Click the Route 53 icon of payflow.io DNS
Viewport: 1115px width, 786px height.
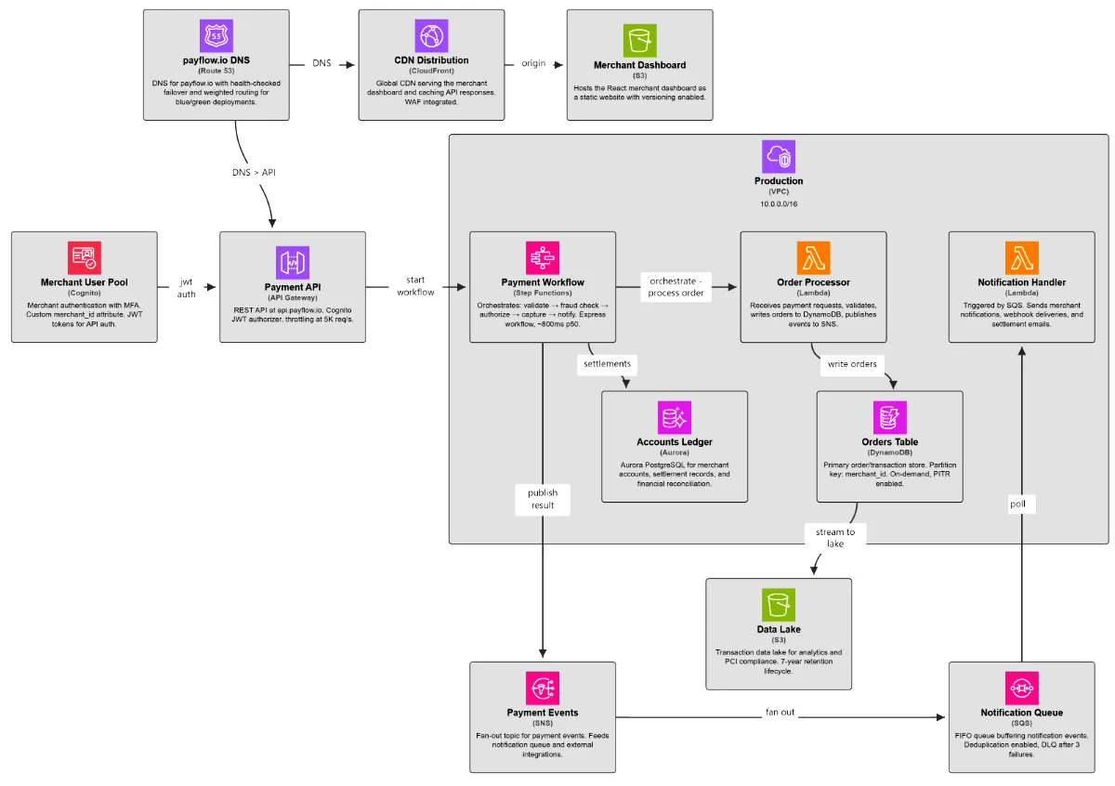(216, 36)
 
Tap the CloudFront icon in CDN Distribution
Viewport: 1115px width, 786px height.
(431, 36)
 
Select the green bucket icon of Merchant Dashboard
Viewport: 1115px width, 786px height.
(639, 41)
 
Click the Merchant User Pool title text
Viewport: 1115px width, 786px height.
(85, 282)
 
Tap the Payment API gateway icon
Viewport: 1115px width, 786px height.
(292, 263)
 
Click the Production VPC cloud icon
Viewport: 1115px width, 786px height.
(779, 157)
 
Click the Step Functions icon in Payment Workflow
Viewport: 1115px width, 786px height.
(543, 257)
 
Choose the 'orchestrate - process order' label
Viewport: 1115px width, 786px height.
(677, 286)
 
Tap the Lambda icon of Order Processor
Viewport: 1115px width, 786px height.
(813, 257)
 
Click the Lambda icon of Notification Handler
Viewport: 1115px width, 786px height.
(1021, 257)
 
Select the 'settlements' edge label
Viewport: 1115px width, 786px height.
(607, 363)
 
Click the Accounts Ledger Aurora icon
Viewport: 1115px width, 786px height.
(674, 417)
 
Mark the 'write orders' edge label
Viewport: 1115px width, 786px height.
(852, 363)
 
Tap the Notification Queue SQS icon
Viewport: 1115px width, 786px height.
(1021, 688)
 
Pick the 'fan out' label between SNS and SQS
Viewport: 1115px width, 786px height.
(780, 713)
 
